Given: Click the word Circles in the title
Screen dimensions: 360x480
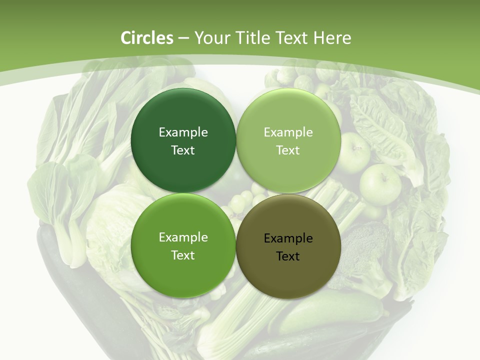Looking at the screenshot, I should (x=147, y=38).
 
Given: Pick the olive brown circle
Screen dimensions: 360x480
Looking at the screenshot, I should (x=288, y=270).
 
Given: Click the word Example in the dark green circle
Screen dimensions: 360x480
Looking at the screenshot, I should (x=183, y=132).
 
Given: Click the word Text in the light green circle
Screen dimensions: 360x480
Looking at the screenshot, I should (x=288, y=150).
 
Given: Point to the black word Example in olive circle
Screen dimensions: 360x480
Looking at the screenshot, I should (x=288, y=238).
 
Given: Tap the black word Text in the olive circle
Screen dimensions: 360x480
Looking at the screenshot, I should (x=288, y=256).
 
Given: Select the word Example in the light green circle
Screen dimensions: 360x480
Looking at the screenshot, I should (x=288, y=132).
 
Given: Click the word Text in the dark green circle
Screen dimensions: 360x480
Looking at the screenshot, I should (x=183, y=150).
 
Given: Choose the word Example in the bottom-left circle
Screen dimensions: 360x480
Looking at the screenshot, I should (x=183, y=237).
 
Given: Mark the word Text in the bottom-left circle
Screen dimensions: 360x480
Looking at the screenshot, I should (x=183, y=255).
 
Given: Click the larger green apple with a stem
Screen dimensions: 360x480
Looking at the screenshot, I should (x=380, y=183).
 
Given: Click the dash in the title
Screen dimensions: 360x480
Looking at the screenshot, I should (x=183, y=38).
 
